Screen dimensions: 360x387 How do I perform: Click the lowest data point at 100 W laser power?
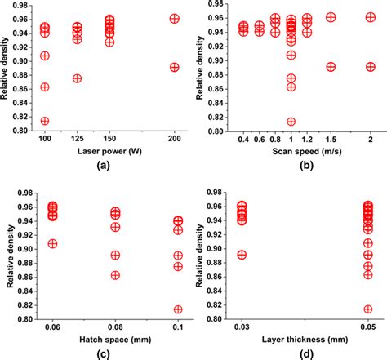point(45,121)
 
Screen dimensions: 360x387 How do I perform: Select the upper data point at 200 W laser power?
point(174,18)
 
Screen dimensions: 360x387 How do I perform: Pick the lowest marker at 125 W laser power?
point(78,78)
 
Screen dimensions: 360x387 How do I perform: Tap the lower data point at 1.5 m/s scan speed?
point(331,67)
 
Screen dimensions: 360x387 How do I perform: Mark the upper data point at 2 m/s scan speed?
point(370,17)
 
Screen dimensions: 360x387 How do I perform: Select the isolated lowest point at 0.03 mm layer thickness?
point(242,255)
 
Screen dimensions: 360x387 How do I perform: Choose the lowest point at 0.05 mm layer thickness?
point(367,309)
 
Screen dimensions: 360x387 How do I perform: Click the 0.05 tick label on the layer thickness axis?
point(367,327)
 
